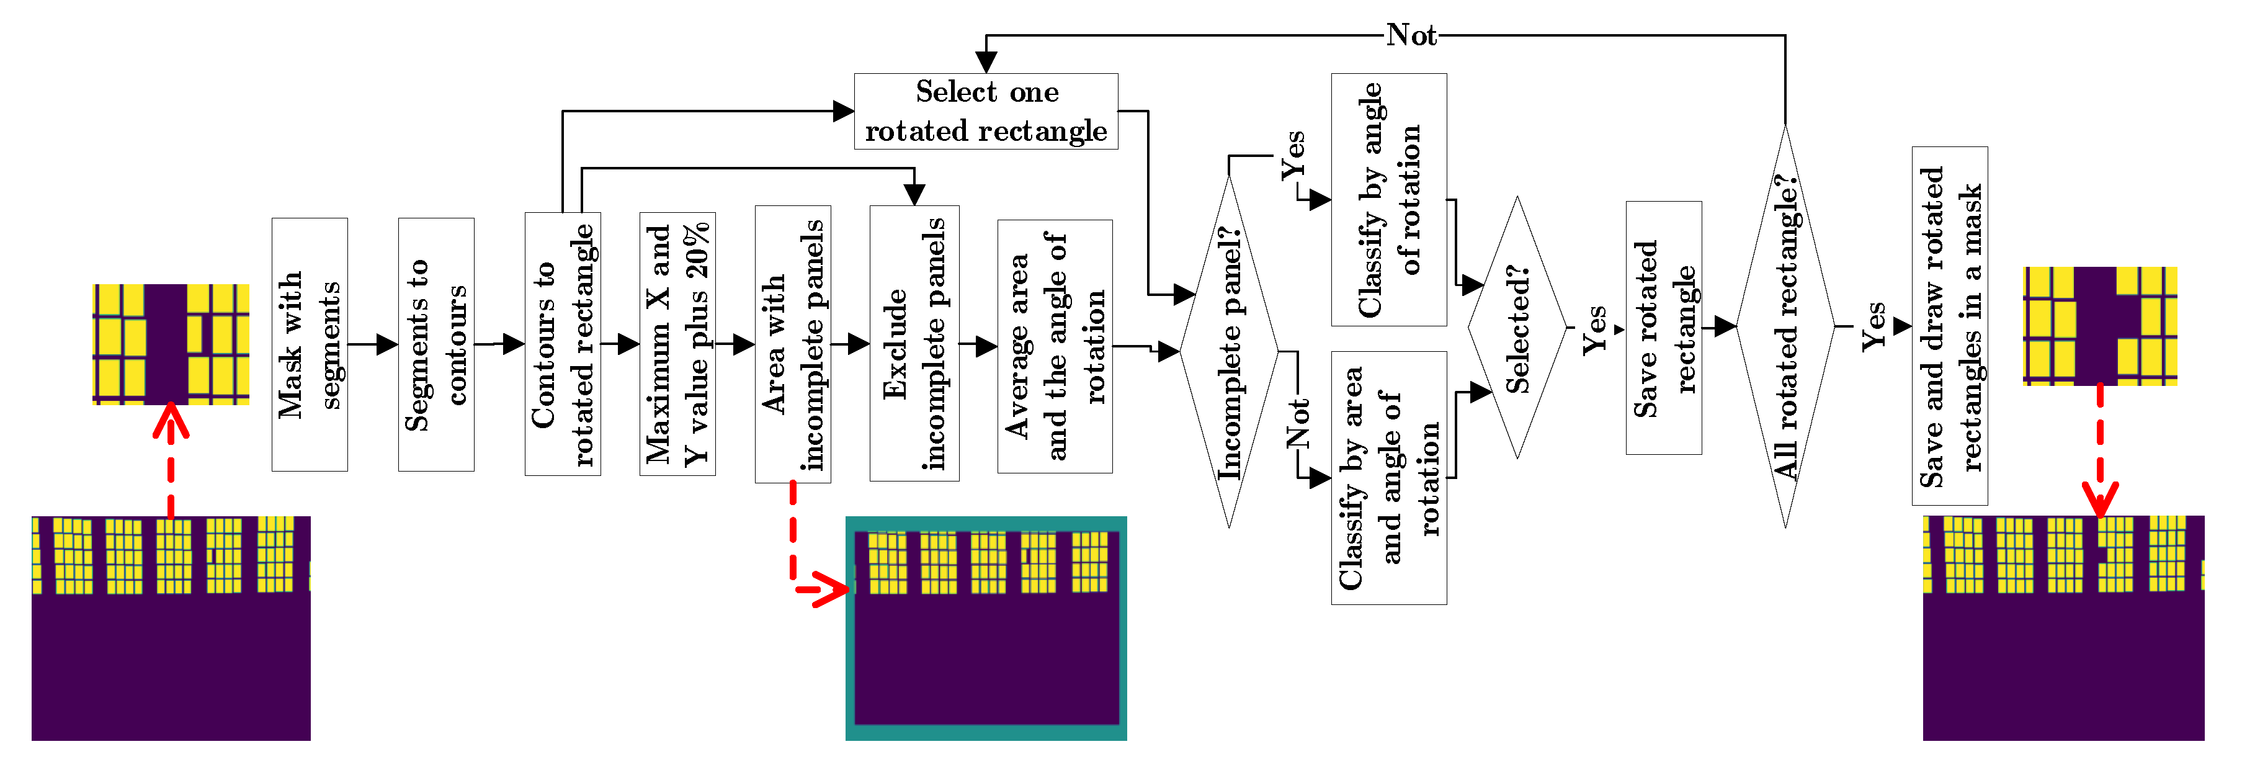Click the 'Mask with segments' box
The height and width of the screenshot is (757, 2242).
coord(309,344)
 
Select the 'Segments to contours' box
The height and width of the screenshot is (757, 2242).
coord(436,344)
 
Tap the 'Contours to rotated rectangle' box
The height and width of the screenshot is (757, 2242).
coord(562,344)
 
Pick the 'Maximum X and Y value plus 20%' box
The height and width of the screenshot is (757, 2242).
coord(677,344)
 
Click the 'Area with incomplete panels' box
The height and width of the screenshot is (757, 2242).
coord(792,344)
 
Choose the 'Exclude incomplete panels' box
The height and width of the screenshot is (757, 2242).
coord(914,344)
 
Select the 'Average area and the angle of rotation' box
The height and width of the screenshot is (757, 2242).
coord(1054,346)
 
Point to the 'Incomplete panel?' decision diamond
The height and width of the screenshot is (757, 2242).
coord(1229,352)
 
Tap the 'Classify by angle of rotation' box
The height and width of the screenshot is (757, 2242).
coord(1388,200)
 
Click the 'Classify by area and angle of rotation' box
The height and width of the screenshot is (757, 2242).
coord(1388,478)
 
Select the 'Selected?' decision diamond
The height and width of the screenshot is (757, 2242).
coord(1517,328)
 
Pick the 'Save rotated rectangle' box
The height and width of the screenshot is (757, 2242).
coord(1663,328)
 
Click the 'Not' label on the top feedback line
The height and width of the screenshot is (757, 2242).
coord(1411,35)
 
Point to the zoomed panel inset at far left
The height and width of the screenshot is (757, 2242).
coord(171,344)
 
